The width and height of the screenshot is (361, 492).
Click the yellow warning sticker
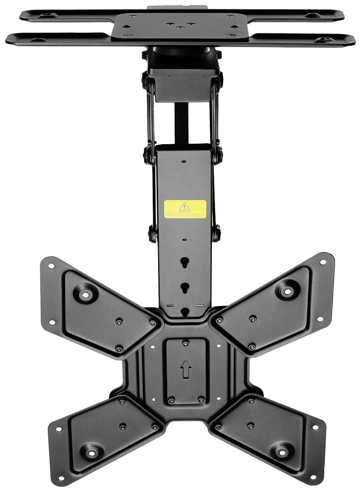185,209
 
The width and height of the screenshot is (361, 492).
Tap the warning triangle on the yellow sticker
185,206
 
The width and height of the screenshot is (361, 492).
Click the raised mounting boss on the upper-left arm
86,294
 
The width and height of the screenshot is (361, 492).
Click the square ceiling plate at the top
179,25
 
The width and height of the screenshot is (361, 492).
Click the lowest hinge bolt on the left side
153,233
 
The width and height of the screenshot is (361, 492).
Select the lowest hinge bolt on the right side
217,233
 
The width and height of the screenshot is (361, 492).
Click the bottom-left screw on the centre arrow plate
171,400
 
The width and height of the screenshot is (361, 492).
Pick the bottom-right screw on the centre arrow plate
200,400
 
